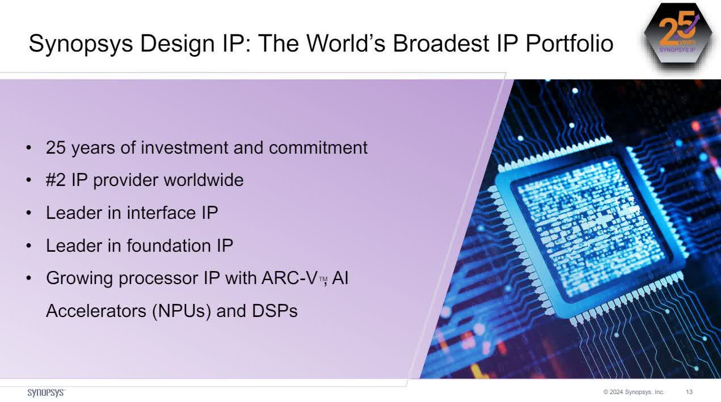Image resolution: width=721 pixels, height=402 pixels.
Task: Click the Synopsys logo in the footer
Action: [46, 392]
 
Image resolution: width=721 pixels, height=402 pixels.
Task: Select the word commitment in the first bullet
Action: [318, 147]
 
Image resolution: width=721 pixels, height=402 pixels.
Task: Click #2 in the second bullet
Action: [56, 180]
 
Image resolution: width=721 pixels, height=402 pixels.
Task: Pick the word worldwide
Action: [204, 180]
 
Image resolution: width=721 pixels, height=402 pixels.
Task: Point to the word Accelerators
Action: [96, 311]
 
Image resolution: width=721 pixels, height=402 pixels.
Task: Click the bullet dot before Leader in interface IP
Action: [29, 214]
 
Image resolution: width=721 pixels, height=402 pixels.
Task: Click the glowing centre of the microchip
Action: [590, 224]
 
